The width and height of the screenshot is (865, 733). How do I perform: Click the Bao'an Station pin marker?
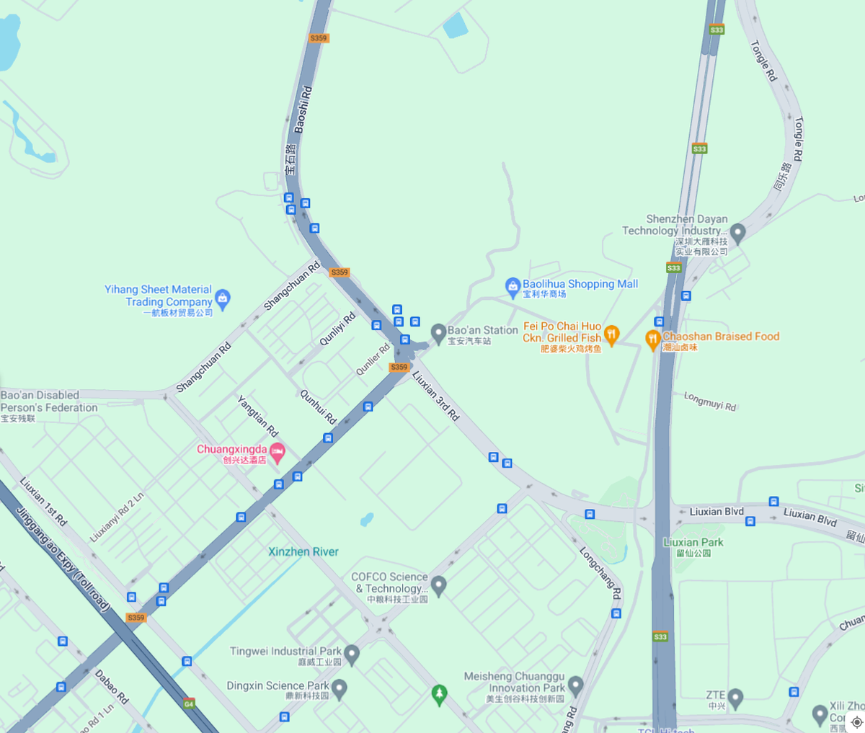[x=438, y=333]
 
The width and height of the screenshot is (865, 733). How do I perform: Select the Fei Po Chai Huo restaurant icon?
[x=611, y=334]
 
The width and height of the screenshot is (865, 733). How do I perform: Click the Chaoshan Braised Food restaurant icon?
[x=653, y=339]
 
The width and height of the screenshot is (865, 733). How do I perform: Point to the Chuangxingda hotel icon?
[x=278, y=453]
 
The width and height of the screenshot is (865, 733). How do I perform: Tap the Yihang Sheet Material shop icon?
[x=223, y=298]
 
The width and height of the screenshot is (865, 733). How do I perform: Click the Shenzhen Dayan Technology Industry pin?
[x=737, y=233]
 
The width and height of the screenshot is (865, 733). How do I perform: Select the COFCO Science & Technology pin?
[x=439, y=585]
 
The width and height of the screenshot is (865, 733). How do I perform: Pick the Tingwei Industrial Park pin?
[x=352, y=654]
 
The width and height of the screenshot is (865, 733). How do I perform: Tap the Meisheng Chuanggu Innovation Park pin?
[x=575, y=685]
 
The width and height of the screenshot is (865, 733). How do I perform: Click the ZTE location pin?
[x=735, y=697]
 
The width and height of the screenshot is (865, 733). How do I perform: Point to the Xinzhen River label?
[x=303, y=552]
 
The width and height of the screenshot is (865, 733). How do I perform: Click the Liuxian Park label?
[x=693, y=543]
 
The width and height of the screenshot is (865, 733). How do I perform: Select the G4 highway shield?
[x=189, y=703]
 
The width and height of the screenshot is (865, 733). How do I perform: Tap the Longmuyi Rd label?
[x=710, y=401]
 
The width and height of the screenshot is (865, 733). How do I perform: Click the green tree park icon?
[x=439, y=694]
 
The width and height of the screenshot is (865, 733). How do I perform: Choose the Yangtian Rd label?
[x=258, y=416]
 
